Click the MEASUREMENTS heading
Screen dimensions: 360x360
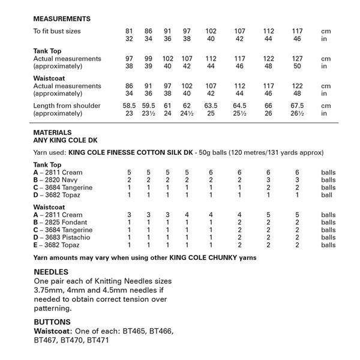[62, 19]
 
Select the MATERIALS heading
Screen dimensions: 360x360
[53, 132]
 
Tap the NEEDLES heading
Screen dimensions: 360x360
[51, 272]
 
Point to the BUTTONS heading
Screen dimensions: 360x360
[52, 322]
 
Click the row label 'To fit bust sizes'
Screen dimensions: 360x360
[57, 31]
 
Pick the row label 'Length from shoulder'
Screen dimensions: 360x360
[67, 106]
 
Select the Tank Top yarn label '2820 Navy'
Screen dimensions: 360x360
[60, 179]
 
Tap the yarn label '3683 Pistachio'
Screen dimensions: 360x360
[65, 238]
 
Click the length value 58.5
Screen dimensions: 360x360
[128, 106]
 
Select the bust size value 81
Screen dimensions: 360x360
[128, 31]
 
